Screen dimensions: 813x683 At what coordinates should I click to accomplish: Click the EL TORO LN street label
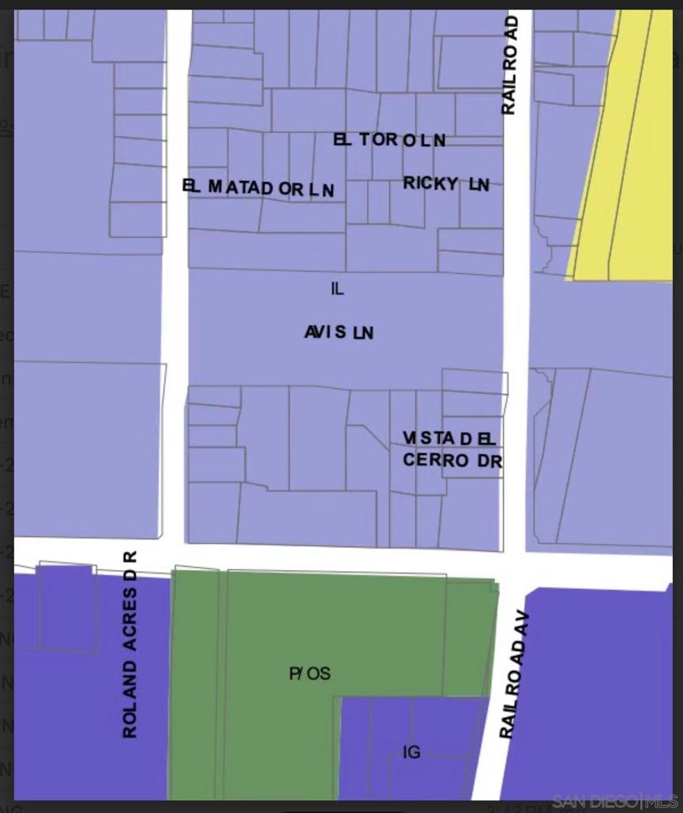(x=389, y=141)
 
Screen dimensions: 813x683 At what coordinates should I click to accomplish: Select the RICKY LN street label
(x=446, y=184)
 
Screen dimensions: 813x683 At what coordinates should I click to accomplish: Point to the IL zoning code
(x=337, y=289)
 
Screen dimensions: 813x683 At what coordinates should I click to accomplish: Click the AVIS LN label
(x=339, y=332)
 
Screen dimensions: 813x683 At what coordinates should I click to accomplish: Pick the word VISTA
(x=429, y=438)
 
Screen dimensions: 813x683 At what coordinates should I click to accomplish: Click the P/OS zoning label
(x=309, y=674)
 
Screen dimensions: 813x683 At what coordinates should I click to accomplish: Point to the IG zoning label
(x=411, y=752)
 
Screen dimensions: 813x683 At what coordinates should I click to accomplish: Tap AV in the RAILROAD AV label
(x=521, y=626)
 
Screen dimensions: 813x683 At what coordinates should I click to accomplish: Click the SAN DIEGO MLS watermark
(x=615, y=800)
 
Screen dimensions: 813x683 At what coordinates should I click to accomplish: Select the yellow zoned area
(x=627, y=159)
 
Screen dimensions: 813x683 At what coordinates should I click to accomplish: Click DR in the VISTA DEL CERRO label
(x=489, y=460)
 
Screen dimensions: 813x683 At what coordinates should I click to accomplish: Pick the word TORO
(x=378, y=140)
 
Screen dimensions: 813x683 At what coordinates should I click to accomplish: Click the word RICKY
(x=431, y=183)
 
